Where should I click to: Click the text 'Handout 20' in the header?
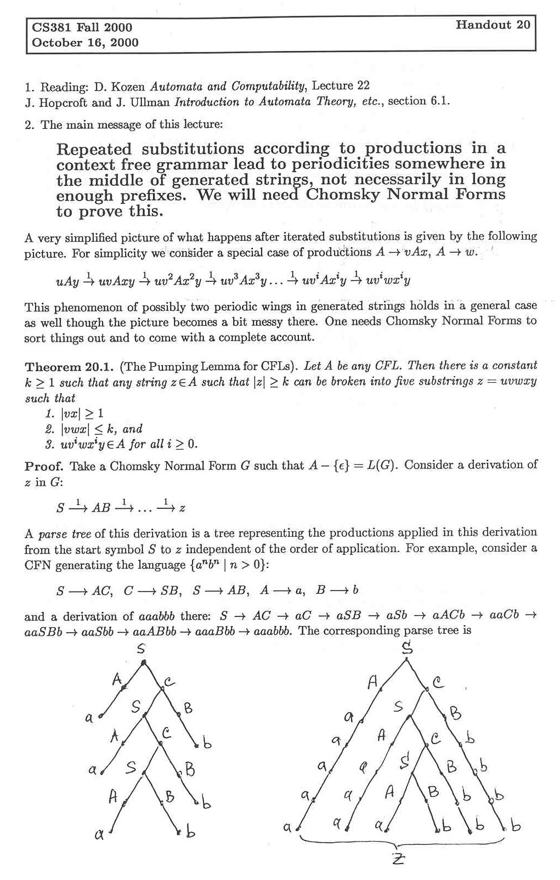[x=493, y=25]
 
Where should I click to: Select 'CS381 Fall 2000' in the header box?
[x=82, y=27]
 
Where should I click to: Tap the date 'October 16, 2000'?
[x=85, y=42]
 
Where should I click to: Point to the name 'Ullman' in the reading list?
[x=150, y=102]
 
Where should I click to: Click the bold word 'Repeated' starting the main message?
[x=94, y=149]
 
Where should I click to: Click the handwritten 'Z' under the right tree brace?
[x=398, y=860]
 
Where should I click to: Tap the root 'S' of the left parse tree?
[x=141, y=649]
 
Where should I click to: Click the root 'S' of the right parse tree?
[x=406, y=649]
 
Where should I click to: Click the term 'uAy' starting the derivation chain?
[x=65, y=282]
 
